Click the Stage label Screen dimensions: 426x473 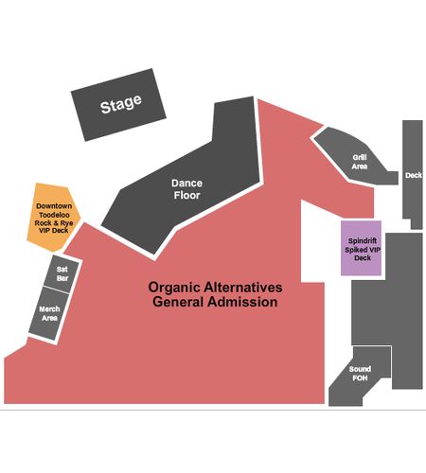(121, 104)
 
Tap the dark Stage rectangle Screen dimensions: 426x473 (118, 105)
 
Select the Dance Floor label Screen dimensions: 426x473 (186, 189)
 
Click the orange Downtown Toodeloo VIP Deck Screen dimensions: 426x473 (53, 218)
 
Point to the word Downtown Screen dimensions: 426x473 (54, 206)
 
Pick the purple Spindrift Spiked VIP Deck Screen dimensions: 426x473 (361, 248)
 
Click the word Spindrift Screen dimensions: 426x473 (363, 241)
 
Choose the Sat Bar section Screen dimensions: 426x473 (62, 274)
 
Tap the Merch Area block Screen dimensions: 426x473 (49, 313)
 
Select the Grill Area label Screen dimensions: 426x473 (360, 162)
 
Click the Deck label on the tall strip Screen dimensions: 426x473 (414, 175)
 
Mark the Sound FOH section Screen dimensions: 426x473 (360, 374)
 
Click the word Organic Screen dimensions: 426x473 (174, 288)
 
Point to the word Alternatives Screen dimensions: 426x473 (243, 288)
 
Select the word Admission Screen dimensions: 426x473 (242, 302)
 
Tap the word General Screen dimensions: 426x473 (178, 302)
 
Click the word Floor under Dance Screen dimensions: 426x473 (186, 195)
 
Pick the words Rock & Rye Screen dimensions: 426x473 (54, 223)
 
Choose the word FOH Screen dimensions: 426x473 (360, 378)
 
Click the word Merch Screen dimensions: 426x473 (49, 309)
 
